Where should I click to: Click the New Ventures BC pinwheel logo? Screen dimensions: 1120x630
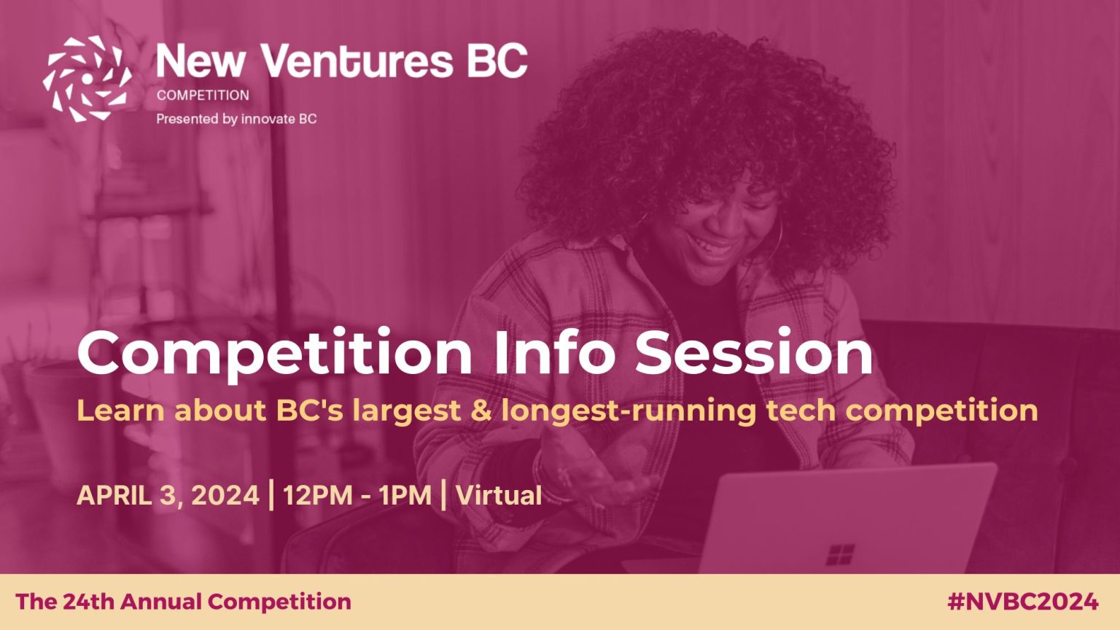(87, 79)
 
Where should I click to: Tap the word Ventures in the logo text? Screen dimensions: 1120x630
(357, 61)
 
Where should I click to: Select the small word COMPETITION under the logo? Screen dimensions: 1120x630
(203, 95)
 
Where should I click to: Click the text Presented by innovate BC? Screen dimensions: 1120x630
(236, 119)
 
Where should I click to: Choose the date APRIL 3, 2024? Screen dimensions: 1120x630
(168, 496)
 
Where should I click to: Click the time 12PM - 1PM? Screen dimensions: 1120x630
(357, 496)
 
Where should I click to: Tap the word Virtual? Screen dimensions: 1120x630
(499, 496)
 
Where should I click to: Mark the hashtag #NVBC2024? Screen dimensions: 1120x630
(1023, 602)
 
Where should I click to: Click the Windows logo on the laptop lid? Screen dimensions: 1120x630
(840, 554)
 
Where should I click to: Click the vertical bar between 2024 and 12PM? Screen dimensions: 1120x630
(271, 494)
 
